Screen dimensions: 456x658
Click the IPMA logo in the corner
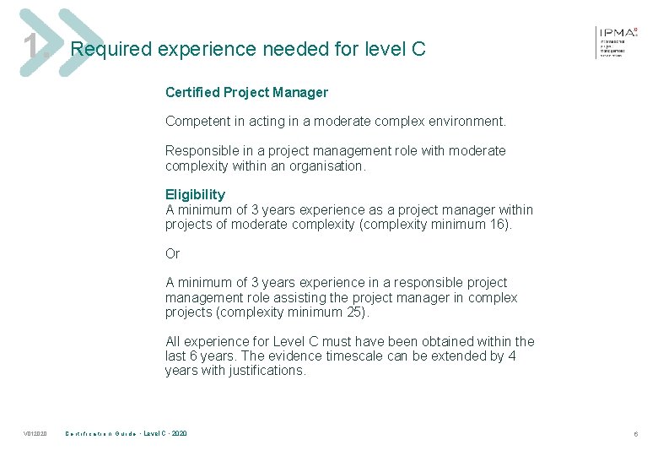[x=617, y=41]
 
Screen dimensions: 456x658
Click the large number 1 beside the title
[x=32, y=46]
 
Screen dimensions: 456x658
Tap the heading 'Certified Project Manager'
[x=246, y=92]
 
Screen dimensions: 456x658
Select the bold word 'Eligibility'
[x=195, y=194]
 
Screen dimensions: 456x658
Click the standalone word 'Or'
[x=173, y=253]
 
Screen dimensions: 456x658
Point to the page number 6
[x=635, y=434]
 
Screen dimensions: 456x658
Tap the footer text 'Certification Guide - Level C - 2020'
[x=127, y=434]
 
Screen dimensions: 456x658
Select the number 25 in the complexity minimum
[x=355, y=312]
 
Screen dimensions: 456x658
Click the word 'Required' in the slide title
[x=109, y=50]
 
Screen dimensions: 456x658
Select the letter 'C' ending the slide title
[x=418, y=50]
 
